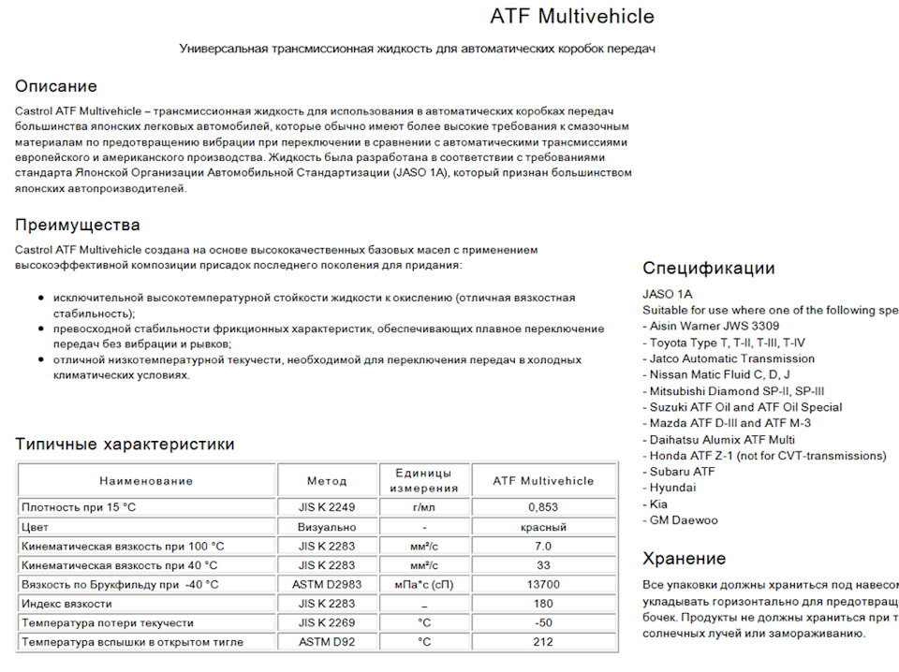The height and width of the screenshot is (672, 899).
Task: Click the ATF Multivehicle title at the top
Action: pyautogui.click(x=572, y=17)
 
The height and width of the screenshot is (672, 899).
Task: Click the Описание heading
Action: pyautogui.click(x=55, y=86)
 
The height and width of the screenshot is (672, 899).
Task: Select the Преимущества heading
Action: pyautogui.click(x=78, y=225)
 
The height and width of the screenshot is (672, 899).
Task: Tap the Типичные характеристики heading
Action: pyautogui.click(x=125, y=444)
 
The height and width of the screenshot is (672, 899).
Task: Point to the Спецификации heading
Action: pyautogui.click(x=709, y=268)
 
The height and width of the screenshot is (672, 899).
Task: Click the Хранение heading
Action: pyautogui.click(x=684, y=559)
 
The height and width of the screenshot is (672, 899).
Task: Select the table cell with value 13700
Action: pyautogui.click(x=543, y=584)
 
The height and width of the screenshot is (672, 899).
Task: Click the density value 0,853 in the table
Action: pyautogui.click(x=543, y=506)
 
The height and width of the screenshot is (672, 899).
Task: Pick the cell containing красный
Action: pyautogui.click(x=543, y=526)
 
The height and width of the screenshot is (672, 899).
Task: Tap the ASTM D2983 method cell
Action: pyautogui.click(x=327, y=584)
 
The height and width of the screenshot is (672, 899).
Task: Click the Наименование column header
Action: pyautogui.click(x=146, y=481)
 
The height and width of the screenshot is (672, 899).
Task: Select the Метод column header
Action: pyautogui.click(x=327, y=481)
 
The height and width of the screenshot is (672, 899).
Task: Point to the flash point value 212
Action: pyautogui.click(x=543, y=642)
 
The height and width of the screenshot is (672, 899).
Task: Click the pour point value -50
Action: pyautogui.click(x=543, y=622)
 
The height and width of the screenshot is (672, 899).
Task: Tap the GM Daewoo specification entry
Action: pyautogui.click(x=681, y=520)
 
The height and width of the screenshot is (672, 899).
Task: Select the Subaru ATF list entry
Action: pyautogui.click(x=679, y=472)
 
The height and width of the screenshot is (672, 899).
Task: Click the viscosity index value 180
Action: pyautogui.click(x=543, y=604)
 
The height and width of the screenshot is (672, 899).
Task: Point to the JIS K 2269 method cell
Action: pyautogui.click(x=327, y=622)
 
